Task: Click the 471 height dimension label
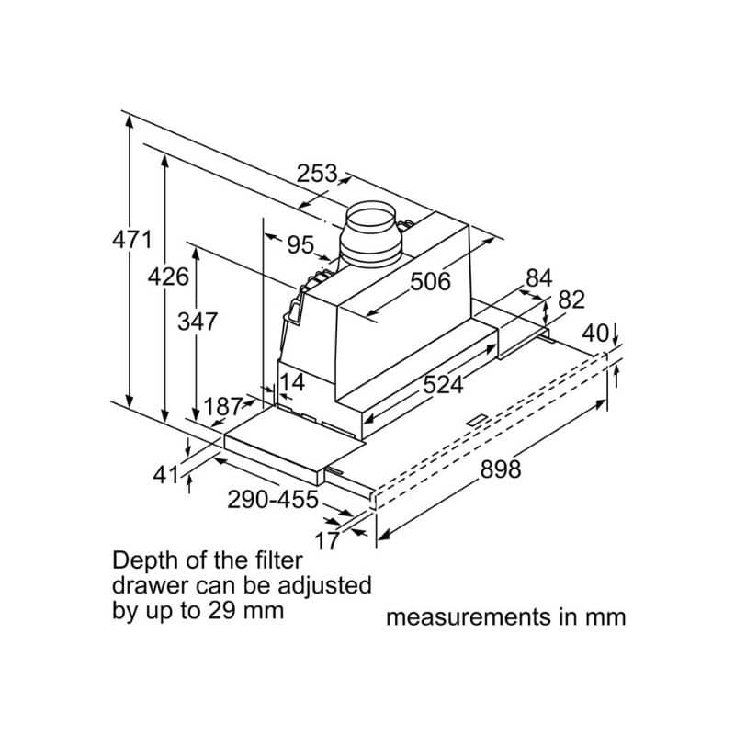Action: (x=131, y=241)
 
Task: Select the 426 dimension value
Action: (x=169, y=277)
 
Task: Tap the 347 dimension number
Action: (x=198, y=322)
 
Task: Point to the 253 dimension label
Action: (x=317, y=173)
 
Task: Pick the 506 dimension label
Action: (x=430, y=281)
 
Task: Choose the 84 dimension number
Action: (x=539, y=277)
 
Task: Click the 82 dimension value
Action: (x=571, y=300)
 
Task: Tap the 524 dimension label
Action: (x=443, y=386)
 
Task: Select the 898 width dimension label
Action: (x=501, y=469)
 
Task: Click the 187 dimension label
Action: (x=223, y=406)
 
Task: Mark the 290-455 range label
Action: (x=273, y=500)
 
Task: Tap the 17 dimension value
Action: (x=327, y=541)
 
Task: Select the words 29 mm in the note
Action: (x=249, y=610)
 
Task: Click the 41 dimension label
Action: (x=165, y=474)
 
